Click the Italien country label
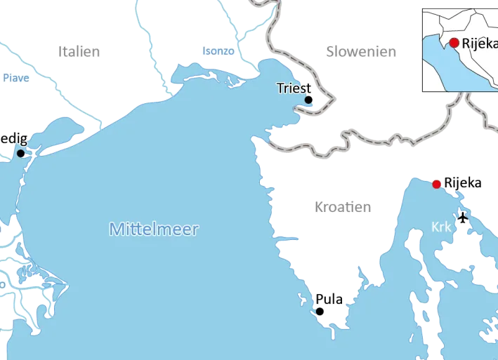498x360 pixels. pyautogui.click(x=79, y=51)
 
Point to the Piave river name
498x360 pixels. pyautogui.click(x=15, y=79)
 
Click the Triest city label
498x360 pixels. pyautogui.click(x=294, y=88)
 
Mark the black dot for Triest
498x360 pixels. pyautogui.click(x=308, y=100)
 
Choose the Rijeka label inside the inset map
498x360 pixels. pyautogui.click(x=479, y=42)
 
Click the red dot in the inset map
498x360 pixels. pyautogui.click(x=454, y=43)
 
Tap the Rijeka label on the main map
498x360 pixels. pyautogui.click(x=463, y=183)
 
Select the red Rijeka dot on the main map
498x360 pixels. pyautogui.click(x=437, y=184)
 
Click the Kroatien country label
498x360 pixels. pyautogui.click(x=343, y=207)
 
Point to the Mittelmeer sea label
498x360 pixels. pyautogui.click(x=154, y=229)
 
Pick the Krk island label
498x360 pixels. pyautogui.click(x=442, y=227)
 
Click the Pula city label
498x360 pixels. pyautogui.click(x=329, y=299)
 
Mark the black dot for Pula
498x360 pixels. pyautogui.click(x=320, y=312)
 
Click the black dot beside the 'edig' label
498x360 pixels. pyautogui.click(x=20, y=153)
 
